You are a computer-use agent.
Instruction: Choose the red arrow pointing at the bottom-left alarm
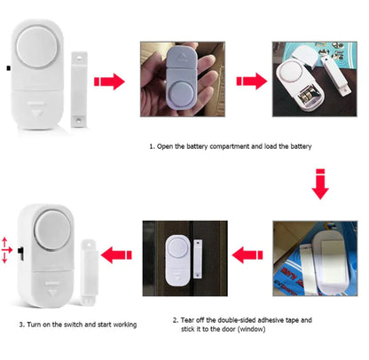114,255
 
